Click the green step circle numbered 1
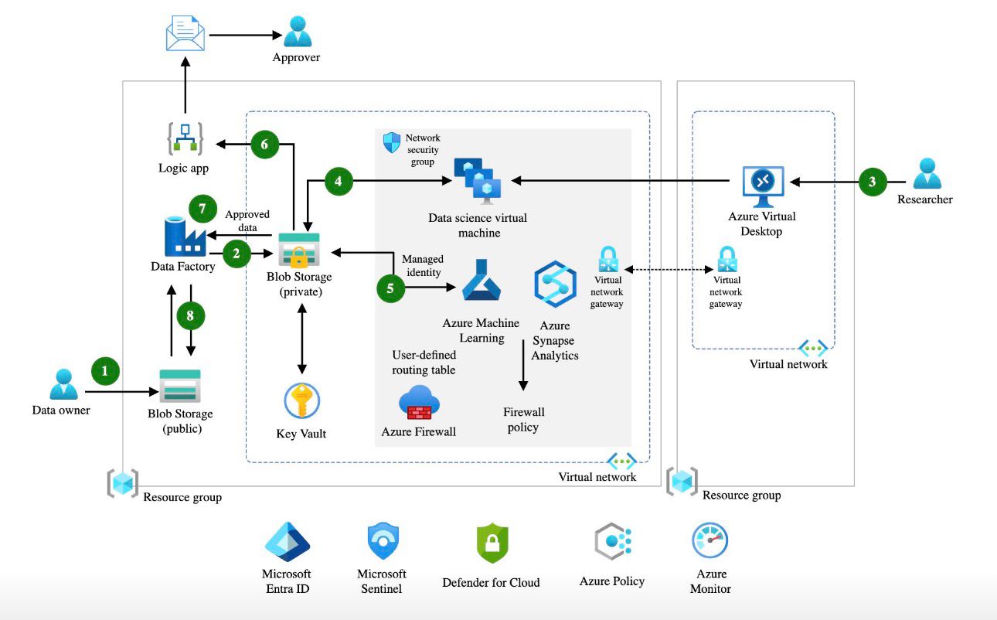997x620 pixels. click(105, 371)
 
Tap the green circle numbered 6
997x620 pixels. click(265, 144)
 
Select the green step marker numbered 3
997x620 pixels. click(872, 182)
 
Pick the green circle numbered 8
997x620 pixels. click(190, 315)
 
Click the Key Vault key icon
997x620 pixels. click(301, 400)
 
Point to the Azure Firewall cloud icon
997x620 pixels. click(419, 403)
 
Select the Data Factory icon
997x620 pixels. click(184, 237)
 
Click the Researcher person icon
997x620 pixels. click(927, 174)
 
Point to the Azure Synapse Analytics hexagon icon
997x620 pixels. click(555, 284)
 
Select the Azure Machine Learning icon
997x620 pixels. click(481, 280)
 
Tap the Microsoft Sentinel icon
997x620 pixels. click(382, 541)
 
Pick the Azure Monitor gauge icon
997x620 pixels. click(710, 540)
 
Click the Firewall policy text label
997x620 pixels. click(523, 419)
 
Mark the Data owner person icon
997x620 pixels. click(63, 384)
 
